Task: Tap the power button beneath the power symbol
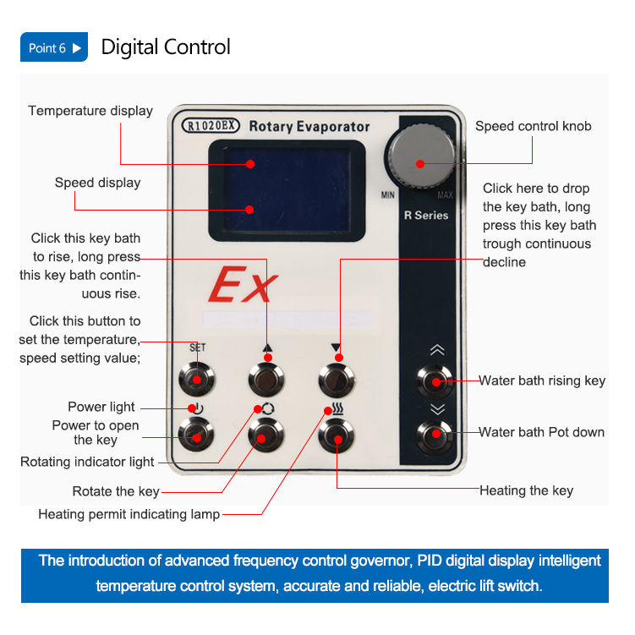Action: (x=195, y=435)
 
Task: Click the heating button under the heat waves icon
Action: (x=337, y=436)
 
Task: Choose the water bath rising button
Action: (x=435, y=381)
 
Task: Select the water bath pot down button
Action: (x=435, y=435)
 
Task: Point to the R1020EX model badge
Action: (x=211, y=126)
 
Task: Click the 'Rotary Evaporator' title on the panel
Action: (x=309, y=127)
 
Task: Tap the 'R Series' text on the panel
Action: (x=425, y=216)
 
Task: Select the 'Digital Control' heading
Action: (x=166, y=47)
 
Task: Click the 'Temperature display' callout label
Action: (x=90, y=111)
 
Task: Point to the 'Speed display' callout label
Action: (x=97, y=183)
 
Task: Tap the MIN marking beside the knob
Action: (x=388, y=195)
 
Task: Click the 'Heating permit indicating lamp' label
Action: (x=129, y=514)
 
